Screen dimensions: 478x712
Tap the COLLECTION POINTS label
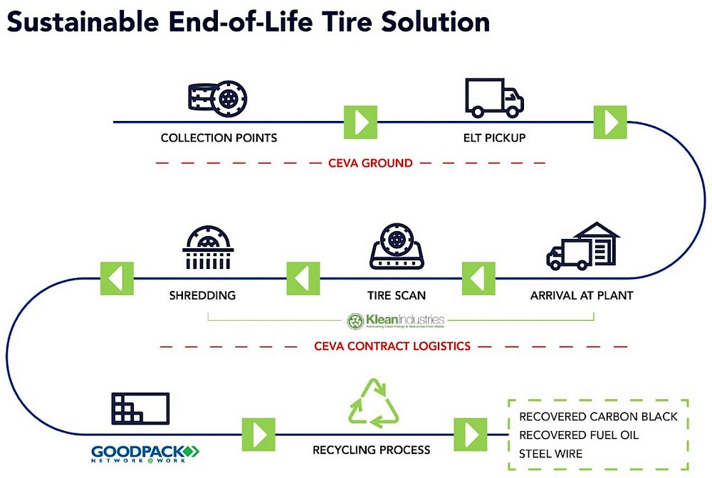click(219, 138)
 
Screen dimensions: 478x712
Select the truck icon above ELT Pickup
click(494, 97)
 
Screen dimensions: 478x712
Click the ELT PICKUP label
click(493, 138)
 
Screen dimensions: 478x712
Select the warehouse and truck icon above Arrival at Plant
click(582, 246)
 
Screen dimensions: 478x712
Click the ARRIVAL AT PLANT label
click(582, 294)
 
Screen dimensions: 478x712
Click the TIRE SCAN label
click(397, 294)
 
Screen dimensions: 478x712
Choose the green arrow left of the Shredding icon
click(117, 278)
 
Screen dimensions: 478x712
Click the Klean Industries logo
click(395, 321)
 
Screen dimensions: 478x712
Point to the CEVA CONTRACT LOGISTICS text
click(392, 346)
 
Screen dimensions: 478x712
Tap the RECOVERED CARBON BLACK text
click(598, 416)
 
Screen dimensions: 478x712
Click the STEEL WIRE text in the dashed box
click(550, 453)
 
